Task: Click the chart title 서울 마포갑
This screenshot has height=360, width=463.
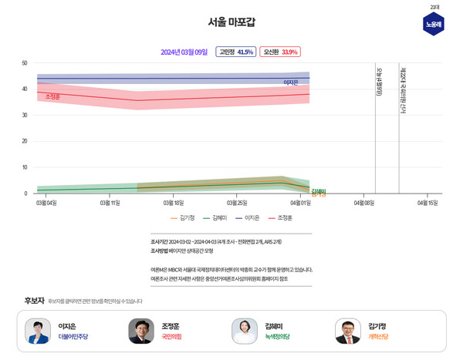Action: (232, 22)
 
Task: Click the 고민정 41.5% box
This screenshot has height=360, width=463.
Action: (235, 52)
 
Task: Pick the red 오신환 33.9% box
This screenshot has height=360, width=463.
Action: (279, 52)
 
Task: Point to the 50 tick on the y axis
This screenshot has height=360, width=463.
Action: (25, 63)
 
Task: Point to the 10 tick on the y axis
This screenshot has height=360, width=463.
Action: (25, 167)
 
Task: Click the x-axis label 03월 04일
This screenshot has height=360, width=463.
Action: (46, 203)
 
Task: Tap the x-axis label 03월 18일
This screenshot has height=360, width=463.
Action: (174, 203)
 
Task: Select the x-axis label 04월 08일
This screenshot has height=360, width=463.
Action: (363, 203)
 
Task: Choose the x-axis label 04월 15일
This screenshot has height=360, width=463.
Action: (427, 203)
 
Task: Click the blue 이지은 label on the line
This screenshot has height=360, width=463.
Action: (291, 82)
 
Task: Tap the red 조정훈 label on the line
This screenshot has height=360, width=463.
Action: (52, 97)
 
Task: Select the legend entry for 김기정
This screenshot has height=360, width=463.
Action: (182, 218)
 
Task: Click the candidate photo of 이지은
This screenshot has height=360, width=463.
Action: (37, 331)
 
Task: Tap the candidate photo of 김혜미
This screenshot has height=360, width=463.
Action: (245, 331)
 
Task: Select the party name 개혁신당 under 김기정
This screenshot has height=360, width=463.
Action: (378, 338)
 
